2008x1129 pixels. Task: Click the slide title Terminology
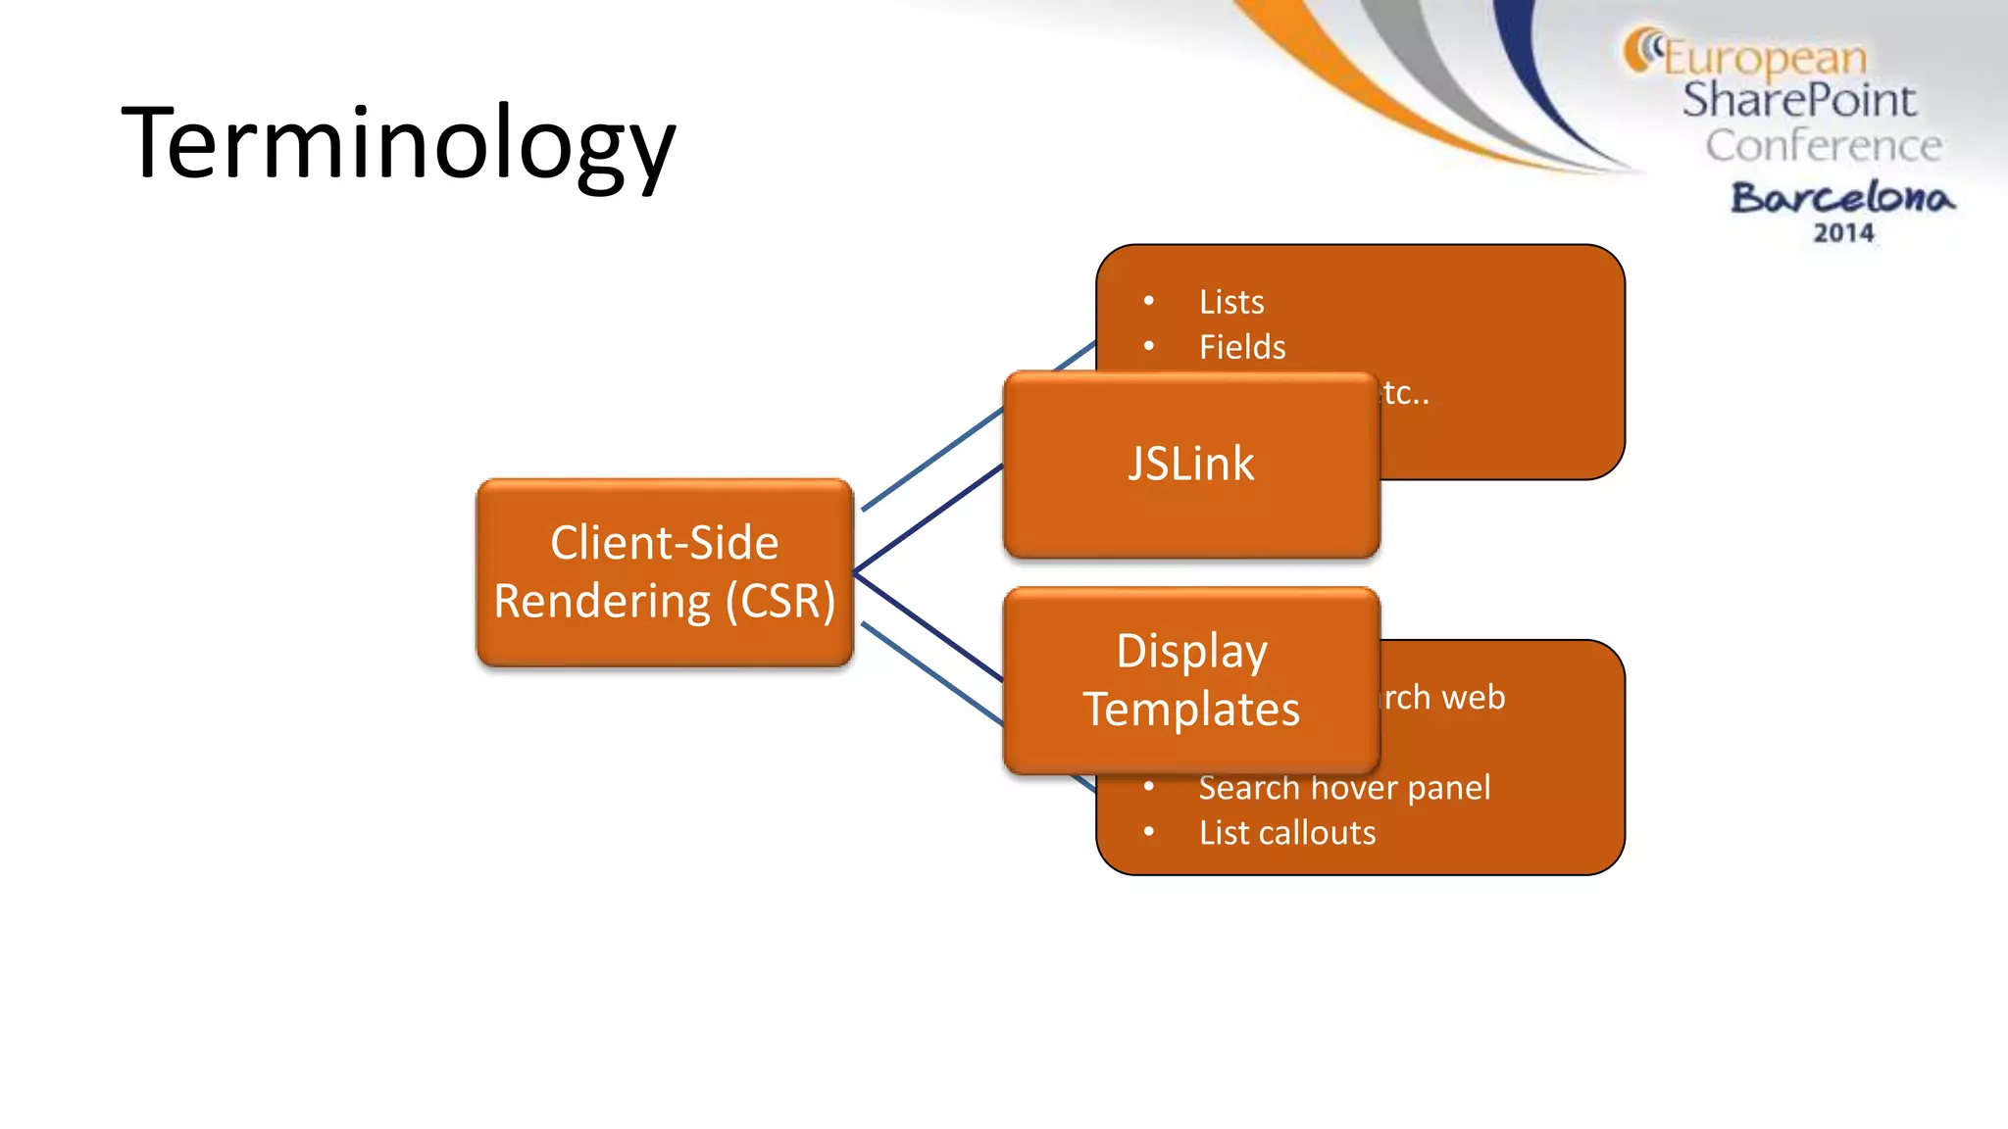coord(398,143)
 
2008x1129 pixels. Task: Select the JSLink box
coord(1190,465)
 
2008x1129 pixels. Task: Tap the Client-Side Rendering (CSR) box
coord(665,572)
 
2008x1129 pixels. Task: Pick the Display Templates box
coord(1190,680)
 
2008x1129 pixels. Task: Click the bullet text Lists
coord(1231,302)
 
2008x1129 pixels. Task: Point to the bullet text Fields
coord(1241,347)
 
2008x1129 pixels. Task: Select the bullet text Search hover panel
coord(1344,787)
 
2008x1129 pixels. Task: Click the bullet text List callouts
coord(1287,833)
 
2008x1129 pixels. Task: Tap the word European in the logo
coord(1765,57)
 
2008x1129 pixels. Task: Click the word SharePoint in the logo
coord(1798,100)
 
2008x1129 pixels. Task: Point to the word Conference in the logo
coord(1823,145)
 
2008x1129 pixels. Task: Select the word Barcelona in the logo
coord(1842,197)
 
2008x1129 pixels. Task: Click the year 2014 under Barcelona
coord(1843,233)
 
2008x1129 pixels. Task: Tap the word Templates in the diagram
coord(1190,710)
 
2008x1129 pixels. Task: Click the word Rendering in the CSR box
coord(602,602)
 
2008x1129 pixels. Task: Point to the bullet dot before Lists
coord(1148,302)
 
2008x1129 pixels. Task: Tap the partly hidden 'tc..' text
coord(1406,394)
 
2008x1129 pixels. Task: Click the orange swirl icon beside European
coord(1640,49)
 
